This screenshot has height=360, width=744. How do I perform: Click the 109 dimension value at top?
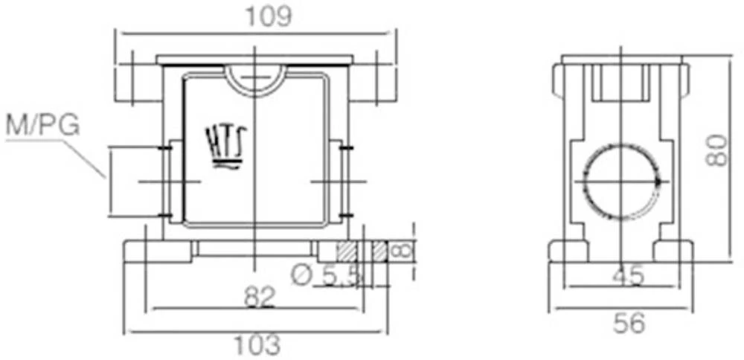pyautogui.click(x=269, y=16)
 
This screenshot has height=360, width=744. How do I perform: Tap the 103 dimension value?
pyautogui.click(x=258, y=344)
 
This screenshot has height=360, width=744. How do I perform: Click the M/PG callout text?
pyautogui.click(x=42, y=126)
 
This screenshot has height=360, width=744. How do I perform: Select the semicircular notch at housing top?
pyautogui.click(x=255, y=77)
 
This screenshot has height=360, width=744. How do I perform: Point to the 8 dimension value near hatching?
pyautogui.click(x=401, y=251)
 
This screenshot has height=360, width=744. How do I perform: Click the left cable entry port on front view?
pyautogui.click(x=135, y=182)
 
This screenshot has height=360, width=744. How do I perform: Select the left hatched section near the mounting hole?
pyautogui.click(x=346, y=251)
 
